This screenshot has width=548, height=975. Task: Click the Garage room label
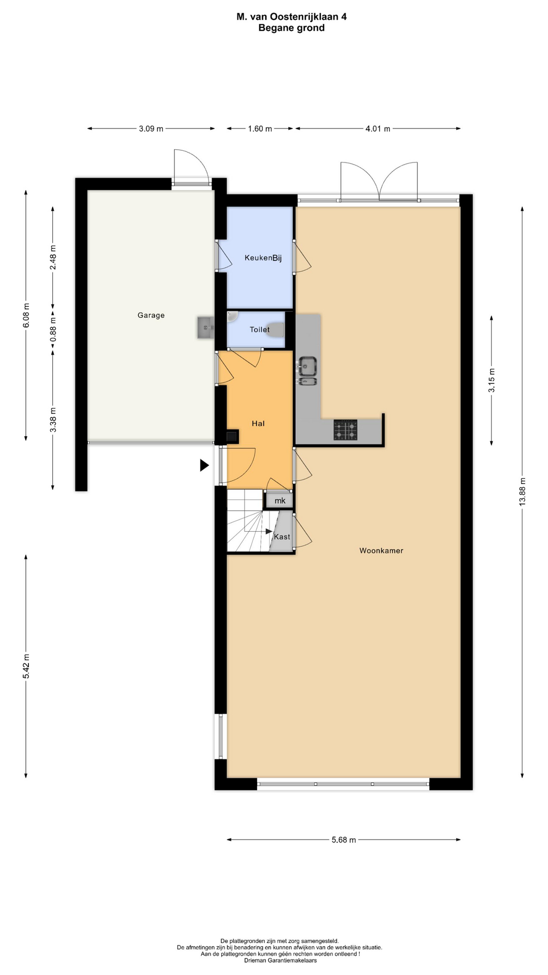[x=151, y=315]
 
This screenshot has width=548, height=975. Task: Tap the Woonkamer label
[x=381, y=550]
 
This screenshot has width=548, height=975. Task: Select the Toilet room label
[x=259, y=330]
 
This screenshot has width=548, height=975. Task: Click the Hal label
[x=258, y=424]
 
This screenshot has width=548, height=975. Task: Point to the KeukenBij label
[x=263, y=258]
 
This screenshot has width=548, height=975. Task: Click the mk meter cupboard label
[x=280, y=501]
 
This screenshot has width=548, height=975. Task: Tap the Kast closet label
[x=282, y=537]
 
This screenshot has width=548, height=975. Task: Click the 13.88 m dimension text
[x=523, y=492]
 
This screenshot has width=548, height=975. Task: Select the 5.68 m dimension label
[x=344, y=840]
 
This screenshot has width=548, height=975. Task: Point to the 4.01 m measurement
[x=378, y=129]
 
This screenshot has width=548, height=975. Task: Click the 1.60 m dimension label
[x=260, y=129]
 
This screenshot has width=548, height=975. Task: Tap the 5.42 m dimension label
[x=26, y=666]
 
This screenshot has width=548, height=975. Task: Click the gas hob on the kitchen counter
[x=345, y=430]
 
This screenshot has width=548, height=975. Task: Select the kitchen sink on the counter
[x=307, y=371]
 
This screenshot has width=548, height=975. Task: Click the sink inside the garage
[x=205, y=328]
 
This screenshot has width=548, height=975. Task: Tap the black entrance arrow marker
[x=204, y=465]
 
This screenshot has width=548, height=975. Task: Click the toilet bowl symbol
[x=277, y=330]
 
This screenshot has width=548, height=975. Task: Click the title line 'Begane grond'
[x=291, y=28]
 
